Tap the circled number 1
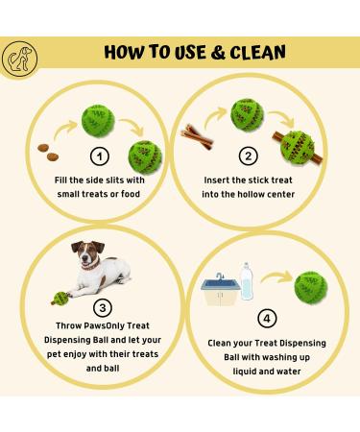pos(100,157)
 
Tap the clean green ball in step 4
pos(306,285)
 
